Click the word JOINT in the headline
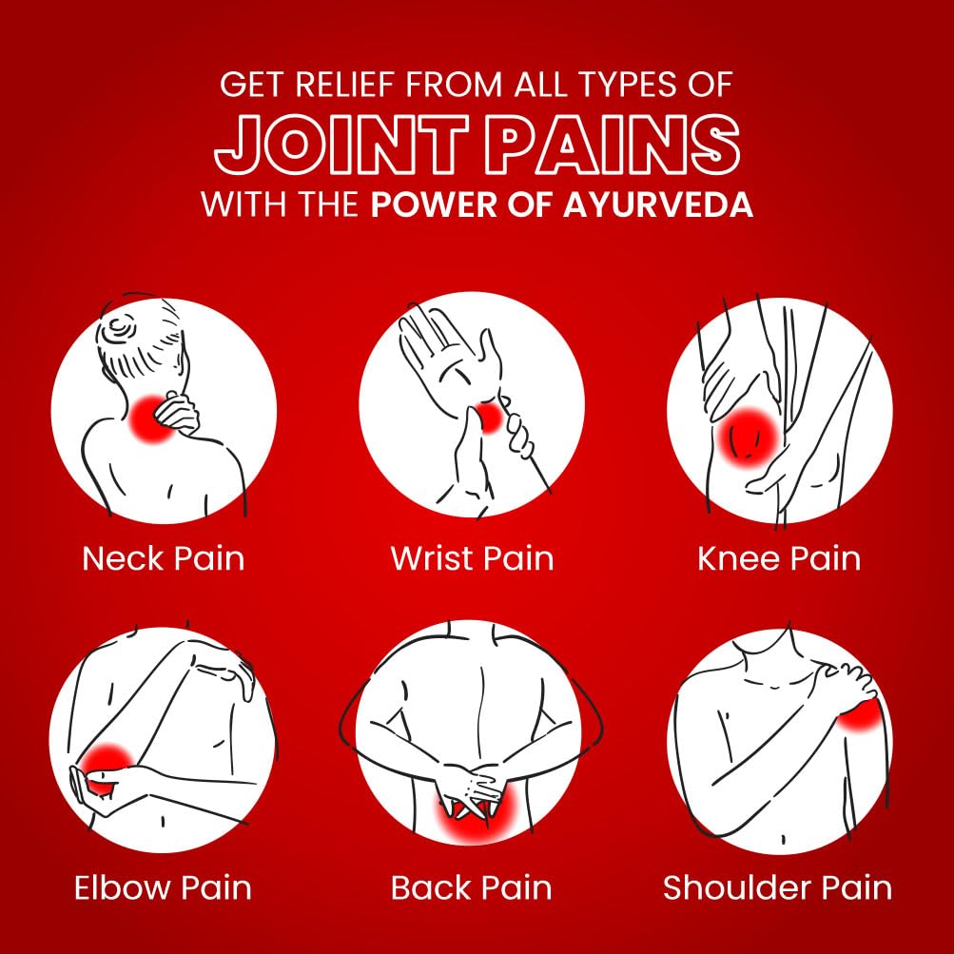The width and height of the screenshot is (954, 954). point(341,146)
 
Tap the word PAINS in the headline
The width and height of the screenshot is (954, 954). point(613,146)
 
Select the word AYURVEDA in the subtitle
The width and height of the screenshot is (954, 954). point(657,204)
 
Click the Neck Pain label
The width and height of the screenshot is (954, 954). point(163,558)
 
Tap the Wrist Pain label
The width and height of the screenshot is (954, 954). point(472,558)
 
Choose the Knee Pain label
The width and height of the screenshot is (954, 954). point(779,558)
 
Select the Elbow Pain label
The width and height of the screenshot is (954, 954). point(163,887)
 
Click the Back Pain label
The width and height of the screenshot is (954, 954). point(471,887)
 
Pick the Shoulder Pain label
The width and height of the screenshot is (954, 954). point(777,887)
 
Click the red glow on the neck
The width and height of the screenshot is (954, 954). point(152,418)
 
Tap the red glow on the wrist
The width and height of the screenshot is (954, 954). point(491,418)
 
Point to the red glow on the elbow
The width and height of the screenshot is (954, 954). point(107,769)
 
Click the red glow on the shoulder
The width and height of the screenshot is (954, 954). point(859,715)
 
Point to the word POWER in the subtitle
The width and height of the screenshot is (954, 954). point(434,204)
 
